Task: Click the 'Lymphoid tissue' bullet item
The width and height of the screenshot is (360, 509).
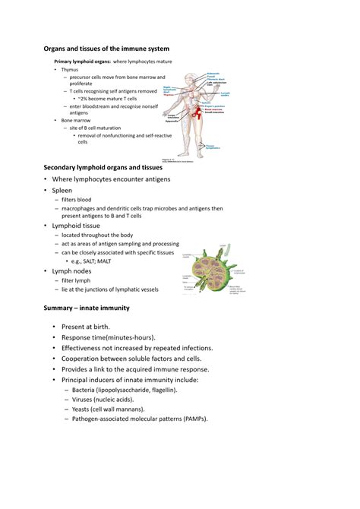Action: [77, 226]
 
